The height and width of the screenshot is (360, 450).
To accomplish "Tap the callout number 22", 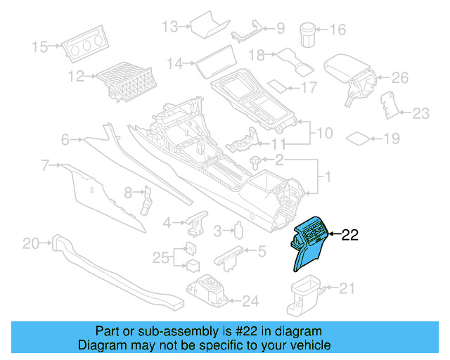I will click(x=350, y=236).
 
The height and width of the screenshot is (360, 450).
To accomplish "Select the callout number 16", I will click(x=338, y=30).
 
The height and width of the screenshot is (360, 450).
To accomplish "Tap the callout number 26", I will click(x=399, y=77).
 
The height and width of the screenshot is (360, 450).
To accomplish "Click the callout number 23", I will click(x=420, y=112).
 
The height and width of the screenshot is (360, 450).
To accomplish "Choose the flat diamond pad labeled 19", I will click(x=360, y=137).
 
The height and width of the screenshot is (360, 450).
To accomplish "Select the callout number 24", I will click(x=250, y=302).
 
